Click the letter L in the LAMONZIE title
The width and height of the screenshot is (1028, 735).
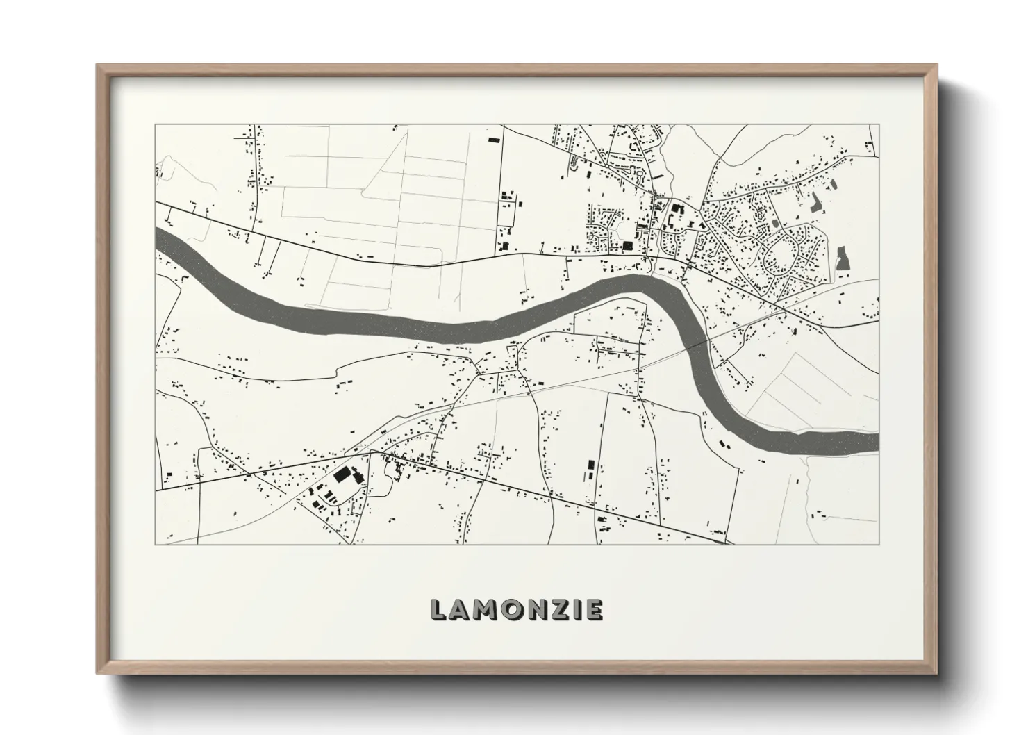(x=438, y=610)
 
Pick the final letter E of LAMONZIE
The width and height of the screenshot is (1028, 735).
(x=592, y=610)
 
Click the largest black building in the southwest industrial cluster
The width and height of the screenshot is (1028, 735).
(x=342, y=474)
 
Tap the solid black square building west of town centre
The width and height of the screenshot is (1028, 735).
(x=628, y=245)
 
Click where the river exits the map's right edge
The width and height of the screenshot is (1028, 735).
(x=877, y=441)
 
